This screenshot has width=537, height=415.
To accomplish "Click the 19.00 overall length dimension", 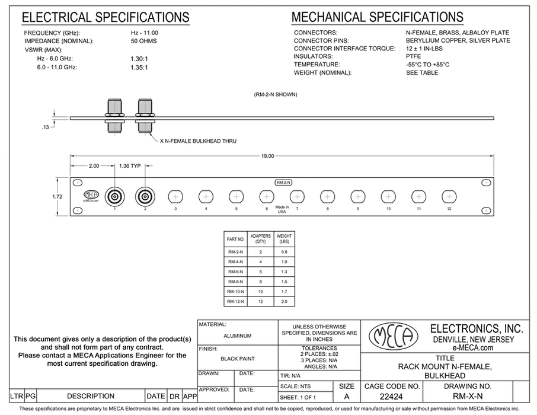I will (x=267, y=156).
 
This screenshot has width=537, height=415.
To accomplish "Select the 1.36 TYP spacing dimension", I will (x=130, y=166).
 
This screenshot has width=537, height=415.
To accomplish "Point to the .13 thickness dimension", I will (x=46, y=126).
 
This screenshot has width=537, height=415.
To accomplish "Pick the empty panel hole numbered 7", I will (x=297, y=196).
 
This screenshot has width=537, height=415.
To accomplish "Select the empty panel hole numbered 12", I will (x=449, y=196).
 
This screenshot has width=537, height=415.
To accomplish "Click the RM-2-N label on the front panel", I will (x=283, y=182).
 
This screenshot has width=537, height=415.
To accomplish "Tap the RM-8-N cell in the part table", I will (x=235, y=280).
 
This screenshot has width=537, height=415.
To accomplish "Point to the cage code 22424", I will (x=390, y=397).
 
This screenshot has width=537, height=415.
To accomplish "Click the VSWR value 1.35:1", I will (x=139, y=68).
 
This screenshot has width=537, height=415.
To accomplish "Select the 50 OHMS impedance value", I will (x=143, y=41).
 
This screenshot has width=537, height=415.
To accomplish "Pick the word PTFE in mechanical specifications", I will (x=413, y=57).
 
